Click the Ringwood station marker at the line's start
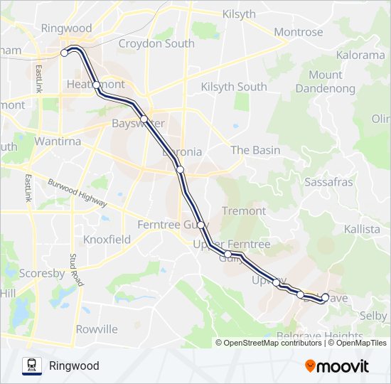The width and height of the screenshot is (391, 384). [x=65, y=53]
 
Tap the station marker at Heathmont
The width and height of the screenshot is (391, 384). [x=97, y=85]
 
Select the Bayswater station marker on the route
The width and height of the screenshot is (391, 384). [x=144, y=119]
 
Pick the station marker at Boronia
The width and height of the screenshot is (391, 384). [x=181, y=169]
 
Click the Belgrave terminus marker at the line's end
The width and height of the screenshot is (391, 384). [x=326, y=298]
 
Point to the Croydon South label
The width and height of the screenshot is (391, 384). [x=156, y=43]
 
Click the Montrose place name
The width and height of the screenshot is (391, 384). [x=298, y=32]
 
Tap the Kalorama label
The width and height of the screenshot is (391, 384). [x=360, y=55]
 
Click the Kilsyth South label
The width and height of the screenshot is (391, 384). [x=234, y=87]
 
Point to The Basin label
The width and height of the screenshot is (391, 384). [x=255, y=150]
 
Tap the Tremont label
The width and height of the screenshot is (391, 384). [x=244, y=210]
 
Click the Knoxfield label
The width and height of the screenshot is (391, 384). [x=107, y=240]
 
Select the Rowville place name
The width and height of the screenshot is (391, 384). [x=97, y=329]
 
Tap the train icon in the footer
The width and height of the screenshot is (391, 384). [x=32, y=366]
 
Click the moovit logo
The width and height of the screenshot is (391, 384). [x=337, y=366]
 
